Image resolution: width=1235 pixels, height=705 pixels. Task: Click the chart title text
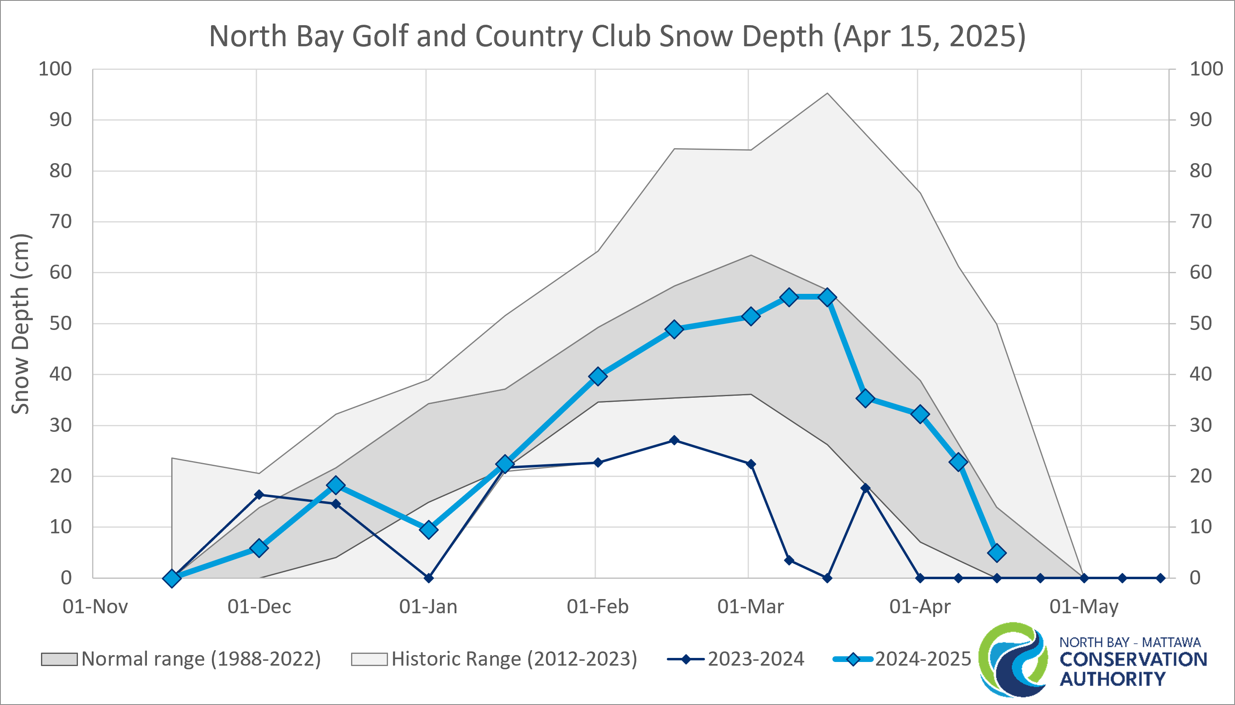pyautogui.click(x=617, y=36)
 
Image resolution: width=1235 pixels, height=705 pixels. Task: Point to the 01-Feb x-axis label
pyautogui.click(x=597, y=606)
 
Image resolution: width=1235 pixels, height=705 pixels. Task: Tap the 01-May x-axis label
pyautogui.click(x=1084, y=606)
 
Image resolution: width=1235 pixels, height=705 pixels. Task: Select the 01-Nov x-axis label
pyautogui.click(x=95, y=606)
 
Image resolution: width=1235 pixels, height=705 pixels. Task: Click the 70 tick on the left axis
pyautogui.click(x=60, y=222)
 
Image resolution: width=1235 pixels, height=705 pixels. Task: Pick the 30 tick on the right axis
pyautogui.click(x=1201, y=425)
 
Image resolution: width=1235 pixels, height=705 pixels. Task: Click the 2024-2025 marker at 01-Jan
pyautogui.click(x=429, y=530)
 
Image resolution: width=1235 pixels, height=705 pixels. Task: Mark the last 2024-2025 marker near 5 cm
pyautogui.click(x=996, y=552)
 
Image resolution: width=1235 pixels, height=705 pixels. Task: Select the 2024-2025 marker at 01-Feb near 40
pyautogui.click(x=598, y=376)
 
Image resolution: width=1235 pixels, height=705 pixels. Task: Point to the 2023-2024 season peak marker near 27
pyautogui.click(x=674, y=440)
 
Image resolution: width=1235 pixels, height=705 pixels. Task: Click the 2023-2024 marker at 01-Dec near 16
pyautogui.click(x=259, y=494)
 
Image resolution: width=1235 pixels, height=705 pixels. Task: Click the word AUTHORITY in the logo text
pyautogui.click(x=1112, y=679)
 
